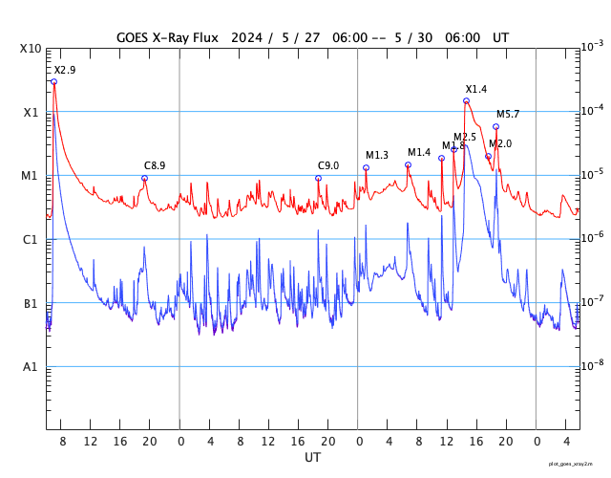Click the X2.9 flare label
pos(65,71)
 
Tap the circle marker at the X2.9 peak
pos(53,82)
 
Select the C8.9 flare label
pos(155,166)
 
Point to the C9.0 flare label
pos(328,166)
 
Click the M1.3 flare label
pos(377,156)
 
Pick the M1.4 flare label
pos(419,153)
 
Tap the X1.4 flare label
pos(476,90)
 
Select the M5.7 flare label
pos(508,115)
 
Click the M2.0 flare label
pos(500,143)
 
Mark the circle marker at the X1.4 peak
pos(466,100)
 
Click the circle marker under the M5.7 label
pos(495,126)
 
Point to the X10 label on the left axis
pos(32,49)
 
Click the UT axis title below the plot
pos(312,458)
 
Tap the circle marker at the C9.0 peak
pos(318,179)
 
